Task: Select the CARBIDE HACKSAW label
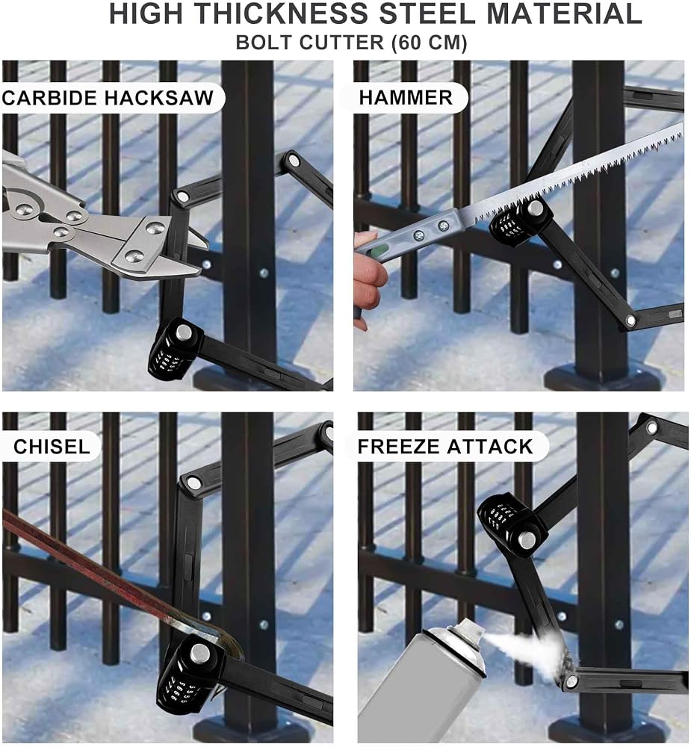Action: [x=108, y=98]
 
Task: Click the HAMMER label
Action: [x=406, y=98]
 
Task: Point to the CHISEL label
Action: [x=52, y=447]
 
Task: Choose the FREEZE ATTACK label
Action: [x=445, y=447]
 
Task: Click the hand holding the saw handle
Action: [x=368, y=281]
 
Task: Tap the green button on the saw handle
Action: [x=379, y=250]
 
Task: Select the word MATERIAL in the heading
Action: [x=564, y=13]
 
